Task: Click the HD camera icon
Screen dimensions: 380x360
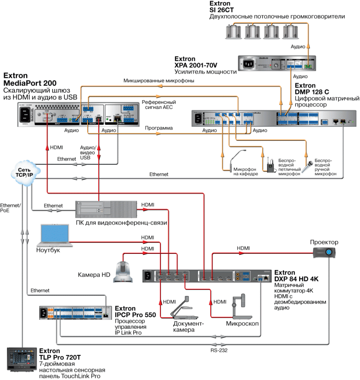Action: click(x=123, y=271)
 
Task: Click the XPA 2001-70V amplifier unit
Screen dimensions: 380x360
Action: click(x=277, y=63)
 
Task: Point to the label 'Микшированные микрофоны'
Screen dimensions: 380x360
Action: click(x=159, y=80)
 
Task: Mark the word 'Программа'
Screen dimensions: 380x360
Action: click(x=159, y=128)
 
